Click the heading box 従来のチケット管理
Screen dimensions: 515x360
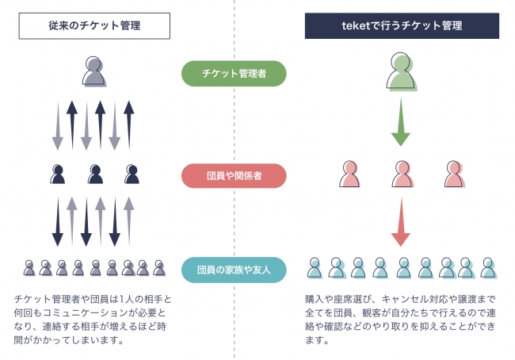tap(94, 26)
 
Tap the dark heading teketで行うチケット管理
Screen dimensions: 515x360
tap(402, 26)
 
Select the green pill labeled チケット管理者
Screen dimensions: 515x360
tap(234, 74)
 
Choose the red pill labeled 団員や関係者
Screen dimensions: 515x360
tap(234, 176)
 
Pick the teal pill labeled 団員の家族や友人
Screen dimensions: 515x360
tap(234, 270)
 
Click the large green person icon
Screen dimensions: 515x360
tap(402, 71)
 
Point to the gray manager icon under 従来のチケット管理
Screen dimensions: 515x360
tap(94, 71)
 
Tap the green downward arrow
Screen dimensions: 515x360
tap(401, 121)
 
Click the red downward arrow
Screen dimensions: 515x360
tap(401, 222)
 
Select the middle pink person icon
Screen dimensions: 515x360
tap(402, 174)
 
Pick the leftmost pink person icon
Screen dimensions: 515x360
tap(349, 174)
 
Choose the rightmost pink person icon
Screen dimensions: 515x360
tap(455, 174)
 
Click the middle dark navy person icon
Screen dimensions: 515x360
tap(95, 174)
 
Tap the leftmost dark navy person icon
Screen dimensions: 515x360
tap(58, 174)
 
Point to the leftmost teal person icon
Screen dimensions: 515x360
tap(315, 268)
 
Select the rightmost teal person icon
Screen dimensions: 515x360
tap(488, 268)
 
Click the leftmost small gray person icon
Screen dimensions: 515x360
tap(29, 268)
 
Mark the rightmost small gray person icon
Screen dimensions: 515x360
tap(159, 268)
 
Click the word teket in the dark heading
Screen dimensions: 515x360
tap(356, 25)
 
